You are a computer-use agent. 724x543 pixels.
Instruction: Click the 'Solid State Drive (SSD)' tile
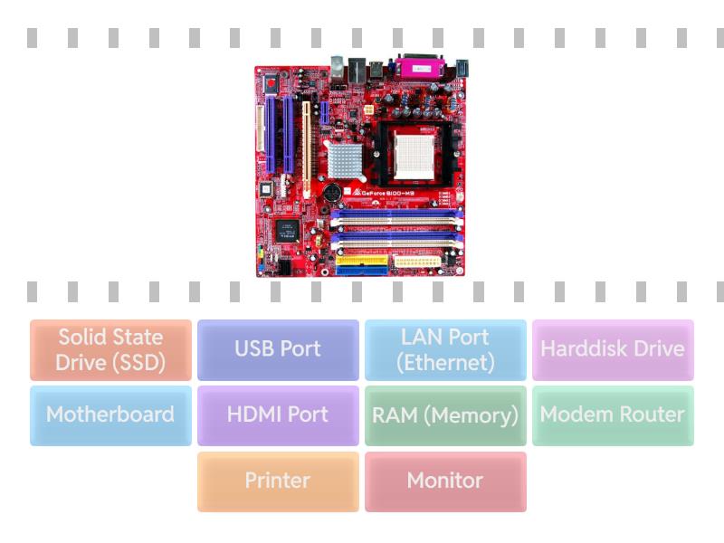click(110, 349)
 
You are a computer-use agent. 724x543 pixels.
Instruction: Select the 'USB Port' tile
click(278, 349)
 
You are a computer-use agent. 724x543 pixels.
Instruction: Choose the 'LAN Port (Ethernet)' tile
click(445, 349)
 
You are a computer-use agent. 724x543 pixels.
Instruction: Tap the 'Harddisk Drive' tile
click(613, 349)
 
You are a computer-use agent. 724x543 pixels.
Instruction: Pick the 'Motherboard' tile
click(110, 415)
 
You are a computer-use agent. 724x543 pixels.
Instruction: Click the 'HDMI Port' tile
click(278, 415)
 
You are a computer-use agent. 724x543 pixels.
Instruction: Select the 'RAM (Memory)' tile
click(445, 415)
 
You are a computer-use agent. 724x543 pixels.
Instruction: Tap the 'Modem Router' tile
click(613, 415)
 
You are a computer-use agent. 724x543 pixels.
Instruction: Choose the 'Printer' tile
click(278, 481)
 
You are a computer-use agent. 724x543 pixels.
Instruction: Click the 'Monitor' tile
click(445, 481)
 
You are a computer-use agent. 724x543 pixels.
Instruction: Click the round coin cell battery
click(331, 194)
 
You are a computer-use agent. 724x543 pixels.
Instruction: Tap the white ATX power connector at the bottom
click(415, 263)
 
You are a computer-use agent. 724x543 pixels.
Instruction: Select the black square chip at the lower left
click(287, 230)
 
